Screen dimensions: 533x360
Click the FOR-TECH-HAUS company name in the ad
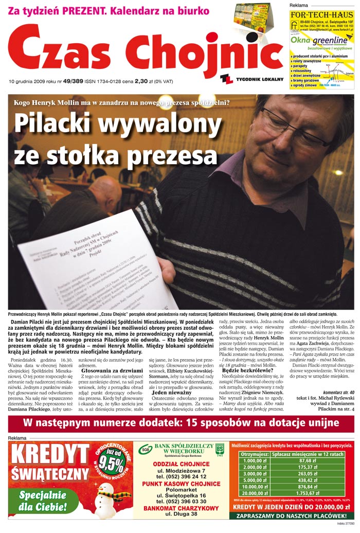click(321, 15)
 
